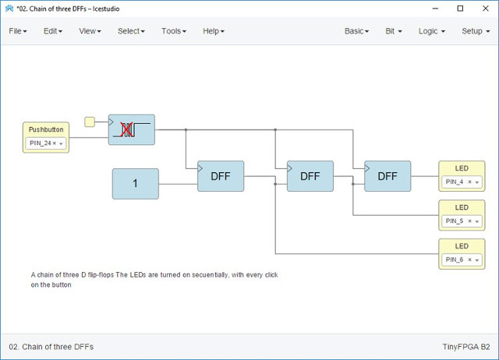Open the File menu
point(18,31)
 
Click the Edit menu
point(53,31)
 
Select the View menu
point(90,31)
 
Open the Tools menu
point(174,31)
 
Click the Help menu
point(214,31)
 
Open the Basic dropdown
point(356,31)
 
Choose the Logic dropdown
point(431,31)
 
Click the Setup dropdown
point(476,31)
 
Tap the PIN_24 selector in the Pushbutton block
point(46,143)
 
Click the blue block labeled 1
point(135,184)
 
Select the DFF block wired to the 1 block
point(221,176)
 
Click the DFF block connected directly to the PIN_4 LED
point(388,176)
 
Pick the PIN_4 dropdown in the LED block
point(462,182)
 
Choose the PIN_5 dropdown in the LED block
point(462,221)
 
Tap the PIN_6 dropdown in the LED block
point(462,259)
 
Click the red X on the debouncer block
point(126,130)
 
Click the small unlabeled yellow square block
point(90,122)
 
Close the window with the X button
point(485,9)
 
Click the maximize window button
point(460,9)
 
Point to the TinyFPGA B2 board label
point(466,347)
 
